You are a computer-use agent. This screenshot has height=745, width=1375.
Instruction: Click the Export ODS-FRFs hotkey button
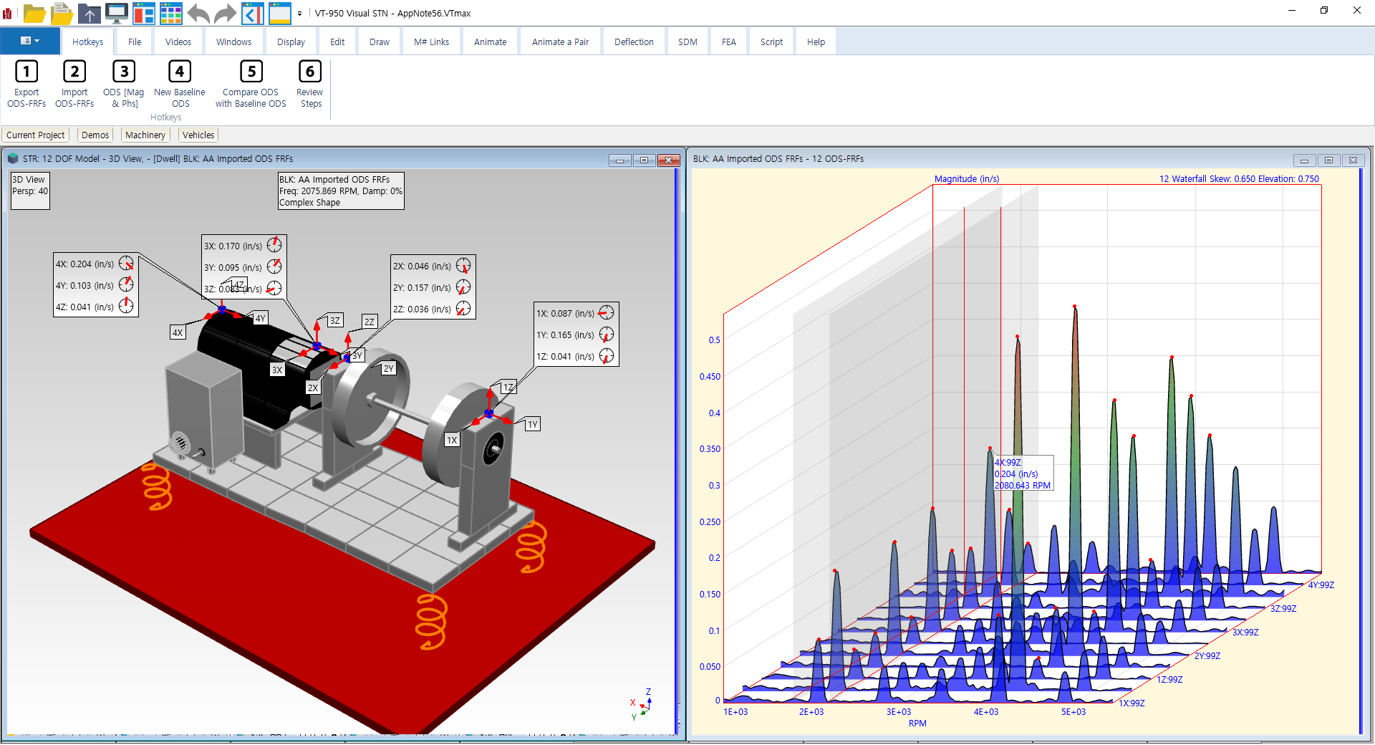coord(26,85)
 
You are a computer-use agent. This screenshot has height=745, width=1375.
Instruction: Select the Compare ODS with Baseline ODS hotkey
coord(251,85)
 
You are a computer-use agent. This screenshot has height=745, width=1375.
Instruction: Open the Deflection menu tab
coord(634,42)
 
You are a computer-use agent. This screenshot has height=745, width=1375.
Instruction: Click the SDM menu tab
coord(687,42)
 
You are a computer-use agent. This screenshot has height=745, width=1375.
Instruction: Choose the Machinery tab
coord(145,135)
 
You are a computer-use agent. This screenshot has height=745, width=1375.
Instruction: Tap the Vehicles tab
coord(198,135)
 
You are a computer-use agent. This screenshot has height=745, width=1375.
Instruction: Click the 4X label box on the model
coord(178,332)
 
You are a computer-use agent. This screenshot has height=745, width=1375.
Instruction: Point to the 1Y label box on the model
coord(532,424)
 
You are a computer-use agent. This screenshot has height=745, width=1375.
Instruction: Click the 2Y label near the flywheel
coord(388,368)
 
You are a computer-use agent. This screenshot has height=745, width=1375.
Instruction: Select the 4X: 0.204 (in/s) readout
coord(85,264)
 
